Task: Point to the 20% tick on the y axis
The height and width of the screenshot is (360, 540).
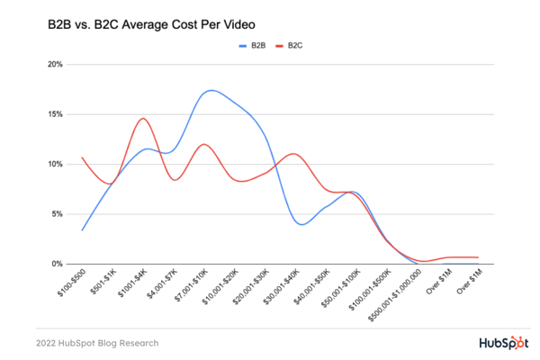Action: (x=56, y=65)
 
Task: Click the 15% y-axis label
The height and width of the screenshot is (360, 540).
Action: (x=56, y=114)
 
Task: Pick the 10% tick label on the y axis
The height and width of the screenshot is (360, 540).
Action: (x=56, y=165)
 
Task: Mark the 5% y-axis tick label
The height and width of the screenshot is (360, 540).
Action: (x=58, y=214)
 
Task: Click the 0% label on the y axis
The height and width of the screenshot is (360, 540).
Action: (x=58, y=264)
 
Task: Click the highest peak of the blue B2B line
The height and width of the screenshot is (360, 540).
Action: (x=211, y=90)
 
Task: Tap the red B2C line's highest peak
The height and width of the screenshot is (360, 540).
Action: (x=143, y=119)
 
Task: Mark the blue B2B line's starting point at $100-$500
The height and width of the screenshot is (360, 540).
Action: (x=82, y=230)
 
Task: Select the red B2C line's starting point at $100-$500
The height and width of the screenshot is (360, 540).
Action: (x=82, y=157)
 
